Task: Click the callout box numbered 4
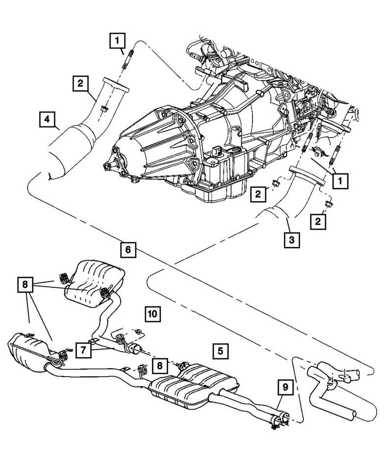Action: [x=47, y=119]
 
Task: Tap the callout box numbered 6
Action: [x=127, y=250]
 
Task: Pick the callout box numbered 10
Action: [x=152, y=313]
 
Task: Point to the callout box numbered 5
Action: [x=220, y=350]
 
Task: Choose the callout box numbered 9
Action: [x=284, y=388]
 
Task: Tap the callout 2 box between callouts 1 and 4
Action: [x=81, y=84]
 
